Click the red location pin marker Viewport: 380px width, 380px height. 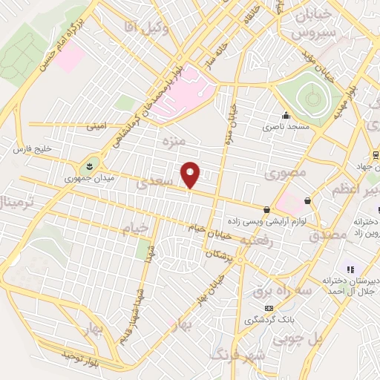click(191, 174)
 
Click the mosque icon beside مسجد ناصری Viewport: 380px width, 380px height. click(285, 115)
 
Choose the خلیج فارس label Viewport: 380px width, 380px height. click(33, 150)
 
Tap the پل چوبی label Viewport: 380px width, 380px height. click(298, 339)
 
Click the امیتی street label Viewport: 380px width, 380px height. click(96, 127)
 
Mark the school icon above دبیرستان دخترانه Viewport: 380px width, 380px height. click(350, 269)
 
